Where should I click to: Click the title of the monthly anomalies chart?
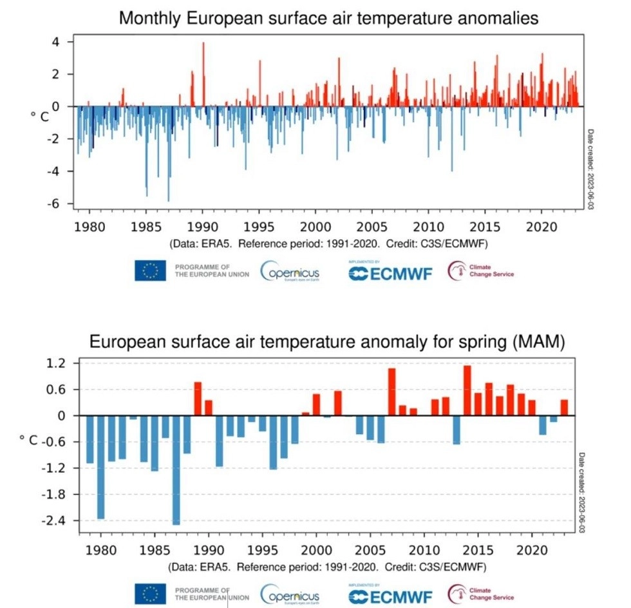point(328,18)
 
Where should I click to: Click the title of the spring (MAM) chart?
point(326,343)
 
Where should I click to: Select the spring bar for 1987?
point(176,470)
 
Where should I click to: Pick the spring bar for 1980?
point(100,466)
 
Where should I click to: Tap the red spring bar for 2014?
point(467,390)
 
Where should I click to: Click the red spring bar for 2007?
point(391,392)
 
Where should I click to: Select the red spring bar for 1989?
point(198,399)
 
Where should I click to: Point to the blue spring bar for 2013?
point(456,430)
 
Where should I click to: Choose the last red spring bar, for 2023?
point(564,408)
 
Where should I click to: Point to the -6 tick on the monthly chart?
point(55,204)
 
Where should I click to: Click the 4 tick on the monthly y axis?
point(55,42)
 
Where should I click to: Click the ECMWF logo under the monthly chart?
point(390,272)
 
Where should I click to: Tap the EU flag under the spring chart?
point(150,593)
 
